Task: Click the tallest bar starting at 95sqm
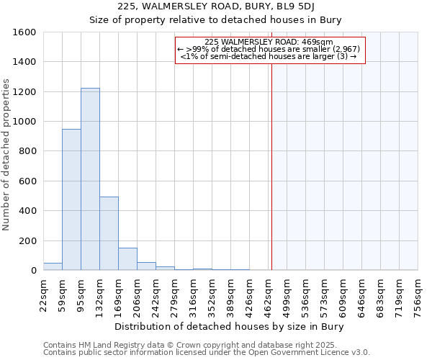click(90, 179)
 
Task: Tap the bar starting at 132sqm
click(109, 233)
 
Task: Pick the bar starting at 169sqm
click(127, 259)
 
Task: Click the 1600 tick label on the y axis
click(24, 32)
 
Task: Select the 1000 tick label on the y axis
click(24, 122)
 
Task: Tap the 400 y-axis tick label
click(27, 211)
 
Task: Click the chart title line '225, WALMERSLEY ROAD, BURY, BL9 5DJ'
click(216, 8)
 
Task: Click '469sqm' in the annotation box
click(317, 42)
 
